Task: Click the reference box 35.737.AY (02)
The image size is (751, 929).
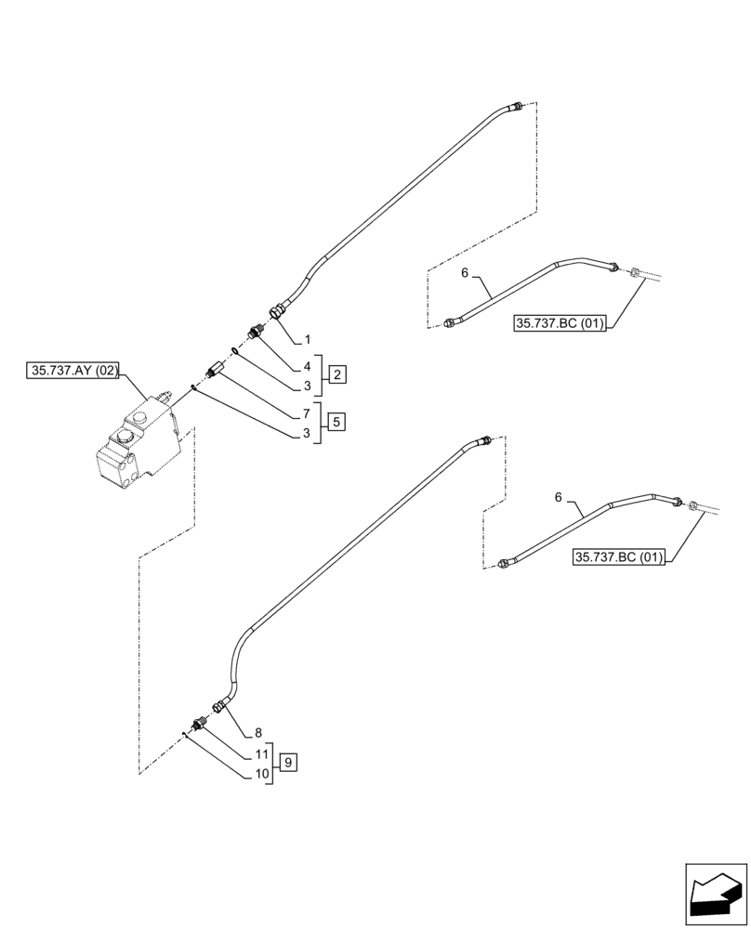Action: click(74, 370)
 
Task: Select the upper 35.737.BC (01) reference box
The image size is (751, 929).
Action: click(559, 323)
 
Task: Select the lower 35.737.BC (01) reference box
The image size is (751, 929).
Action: click(620, 557)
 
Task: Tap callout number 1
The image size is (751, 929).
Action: click(308, 341)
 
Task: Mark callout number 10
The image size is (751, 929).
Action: click(260, 774)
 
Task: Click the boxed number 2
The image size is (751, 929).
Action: click(337, 374)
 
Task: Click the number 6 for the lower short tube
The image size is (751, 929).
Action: click(559, 498)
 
